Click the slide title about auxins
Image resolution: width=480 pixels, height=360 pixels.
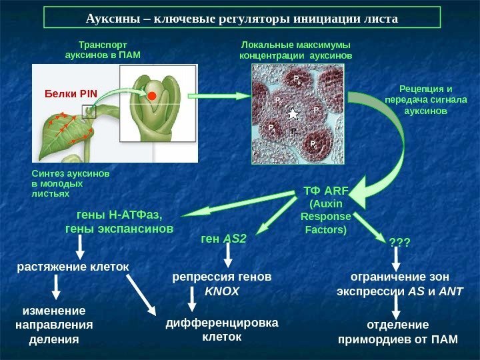coord(242,18)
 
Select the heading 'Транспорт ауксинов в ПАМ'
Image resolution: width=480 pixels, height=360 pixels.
coord(103,49)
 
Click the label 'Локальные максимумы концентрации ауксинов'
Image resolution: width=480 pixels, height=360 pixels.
coord(295,49)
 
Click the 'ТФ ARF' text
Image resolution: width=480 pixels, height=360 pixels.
coord(326,192)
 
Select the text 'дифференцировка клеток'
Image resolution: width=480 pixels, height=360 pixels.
coord(223,330)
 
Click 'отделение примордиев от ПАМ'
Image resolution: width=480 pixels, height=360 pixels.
coord(399,331)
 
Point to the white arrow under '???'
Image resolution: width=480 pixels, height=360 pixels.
coord(399,257)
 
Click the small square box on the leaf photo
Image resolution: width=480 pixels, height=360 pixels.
coord(89,111)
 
